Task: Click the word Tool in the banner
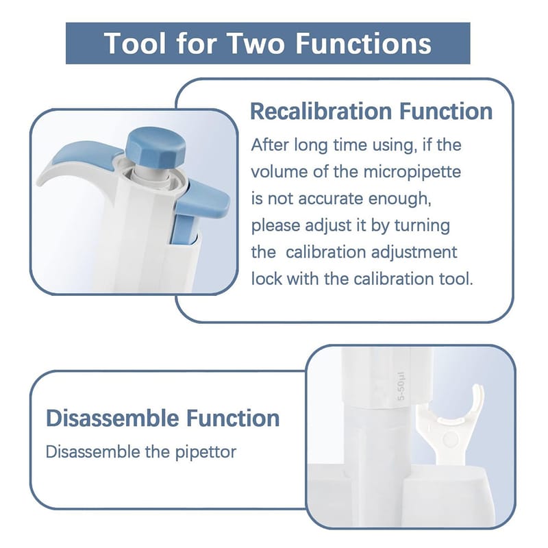click(x=135, y=43)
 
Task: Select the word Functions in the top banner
click(x=364, y=43)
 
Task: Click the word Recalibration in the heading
click(x=321, y=111)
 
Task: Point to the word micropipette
click(x=412, y=172)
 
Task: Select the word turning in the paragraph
click(x=422, y=225)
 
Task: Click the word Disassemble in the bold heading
click(x=113, y=418)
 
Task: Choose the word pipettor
click(x=206, y=452)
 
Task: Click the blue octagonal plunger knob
click(x=156, y=149)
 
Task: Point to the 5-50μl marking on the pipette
click(x=401, y=386)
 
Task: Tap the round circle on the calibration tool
click(x=450, y=439)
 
